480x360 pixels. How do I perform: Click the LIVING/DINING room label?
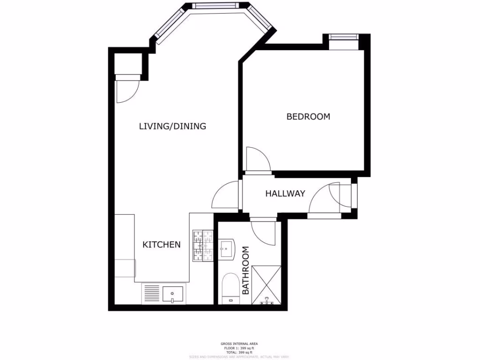point(172,126)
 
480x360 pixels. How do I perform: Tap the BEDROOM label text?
point(308,116)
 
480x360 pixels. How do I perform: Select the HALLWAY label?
point(285,193)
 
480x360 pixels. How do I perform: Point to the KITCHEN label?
point(161,244)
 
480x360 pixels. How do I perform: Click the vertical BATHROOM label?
point(246,270)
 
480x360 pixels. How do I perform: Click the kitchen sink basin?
point(173,295)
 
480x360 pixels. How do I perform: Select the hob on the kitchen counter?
point(202,245)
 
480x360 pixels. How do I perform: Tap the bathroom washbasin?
point(227,249)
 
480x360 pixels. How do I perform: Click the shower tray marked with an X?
point(266,285)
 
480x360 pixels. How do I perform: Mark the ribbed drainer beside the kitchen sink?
point(151,294)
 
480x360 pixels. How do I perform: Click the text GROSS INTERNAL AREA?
point(240,344)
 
